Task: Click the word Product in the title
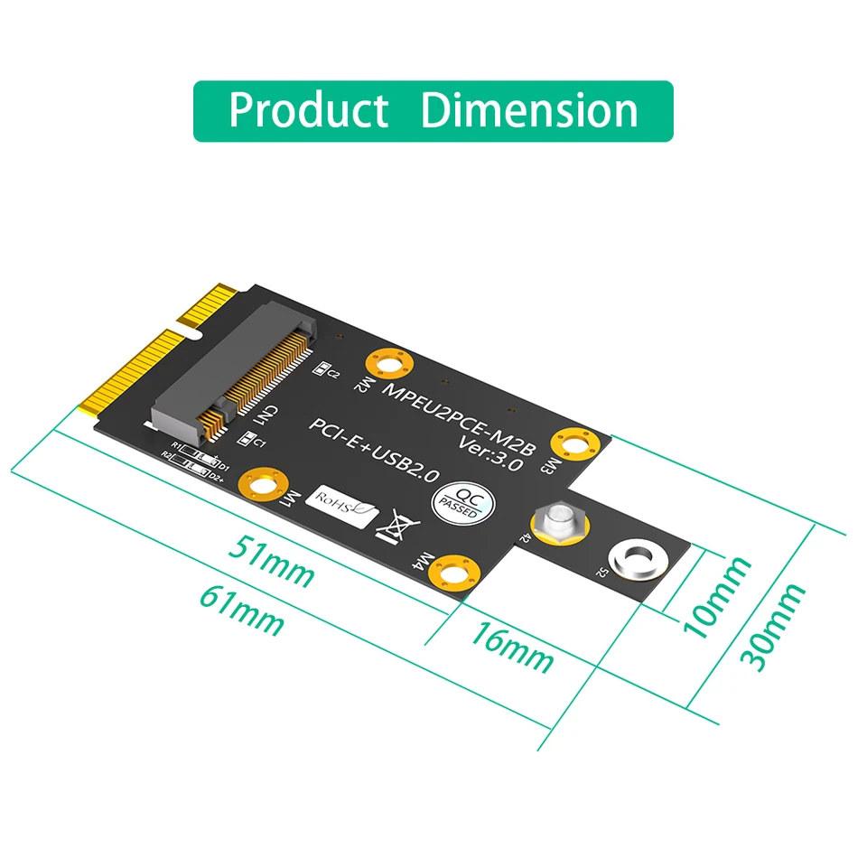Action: coord(309,110)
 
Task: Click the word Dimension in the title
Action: coord(529,110)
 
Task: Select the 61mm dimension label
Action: coord(241,610)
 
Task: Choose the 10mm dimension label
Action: coord(718,597)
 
